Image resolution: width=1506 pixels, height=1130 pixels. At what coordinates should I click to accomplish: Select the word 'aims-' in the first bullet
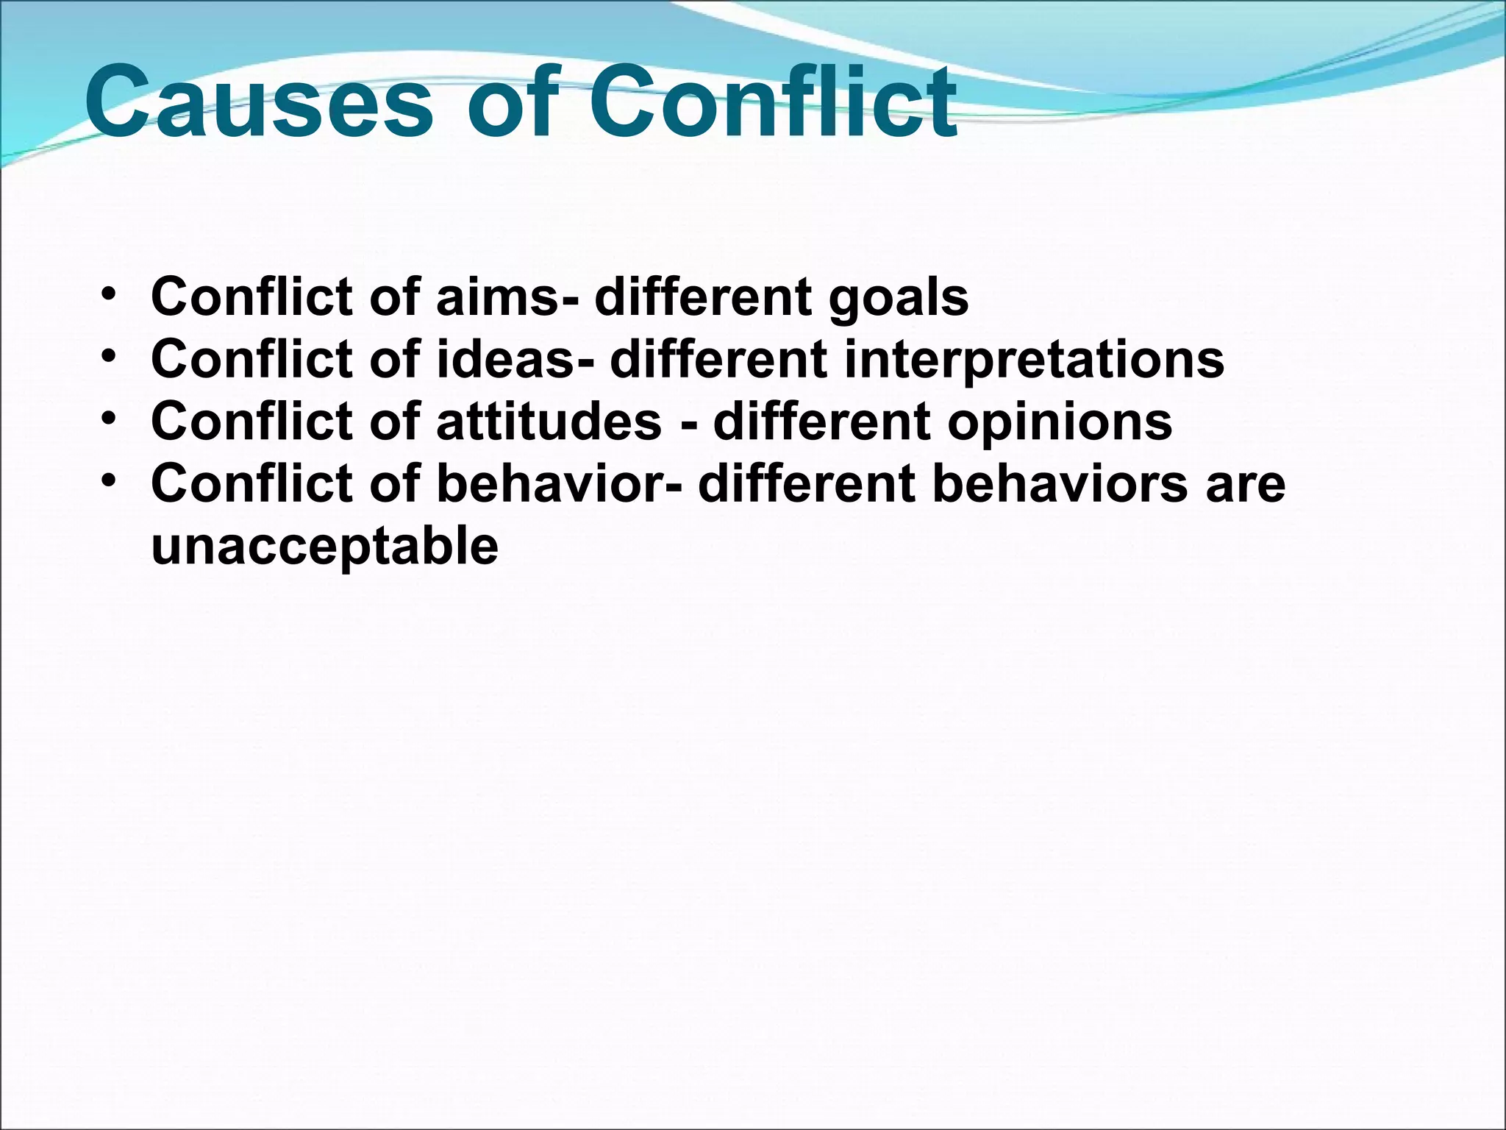pyautogui.click(x=507, y=296)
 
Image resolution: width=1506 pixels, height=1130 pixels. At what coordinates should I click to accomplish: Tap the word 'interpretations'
pyautogui.click(x=1034, y=360)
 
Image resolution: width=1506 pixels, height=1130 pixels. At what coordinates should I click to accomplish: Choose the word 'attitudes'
pyautogui.click(x=549, y=422)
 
